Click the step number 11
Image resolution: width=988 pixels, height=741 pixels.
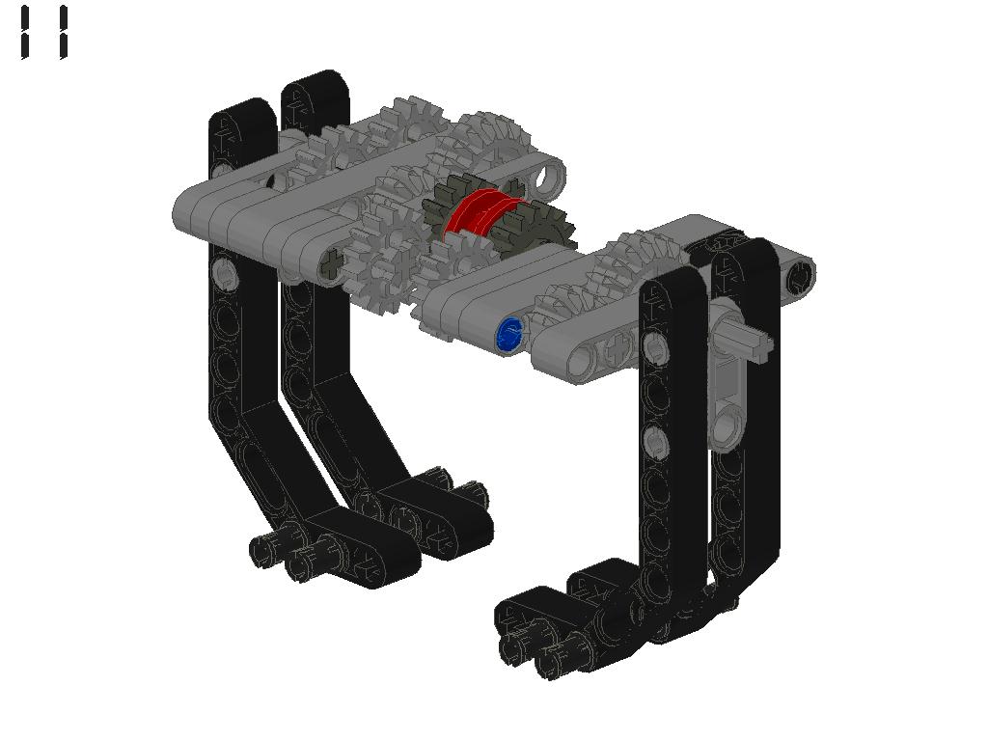click(x=44, y=33)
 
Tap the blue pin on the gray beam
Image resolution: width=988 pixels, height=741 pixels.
click(x=509, y=333)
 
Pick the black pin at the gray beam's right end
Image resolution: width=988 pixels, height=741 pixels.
click(x=799, y=276)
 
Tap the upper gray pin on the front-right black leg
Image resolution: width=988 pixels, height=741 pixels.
click(x=656, y=347)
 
